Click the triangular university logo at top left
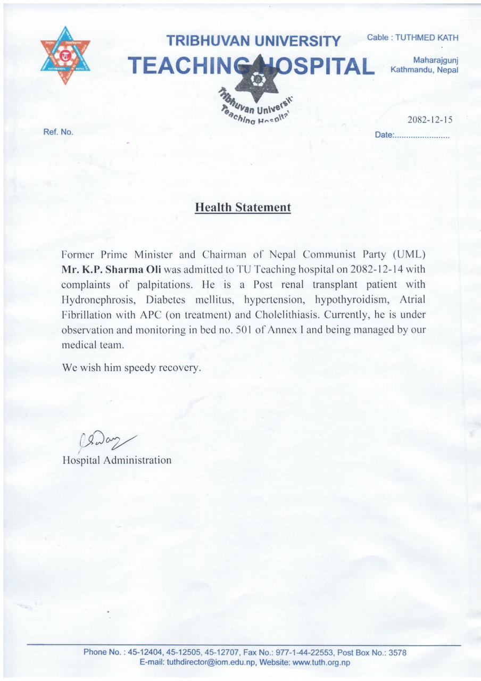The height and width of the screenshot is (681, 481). pyautogui.click(x=65, y=55)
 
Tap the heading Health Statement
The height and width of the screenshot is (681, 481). pyautogui.click(x=243, y=207)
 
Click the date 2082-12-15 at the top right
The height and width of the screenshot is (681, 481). pyautogui.click(x=429, y=120)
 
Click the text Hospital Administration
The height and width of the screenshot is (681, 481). pyautogui.click(x=117, y=460)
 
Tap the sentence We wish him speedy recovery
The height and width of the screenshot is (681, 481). pyautogui.click(x=132, y=368)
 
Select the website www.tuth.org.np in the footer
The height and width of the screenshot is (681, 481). pyautogui.click(x=321, y=662)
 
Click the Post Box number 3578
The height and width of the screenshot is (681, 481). pyautogui.click(x=397, y=652)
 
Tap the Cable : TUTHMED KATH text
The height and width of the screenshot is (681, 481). pyautogui.click(x=412, y=38)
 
